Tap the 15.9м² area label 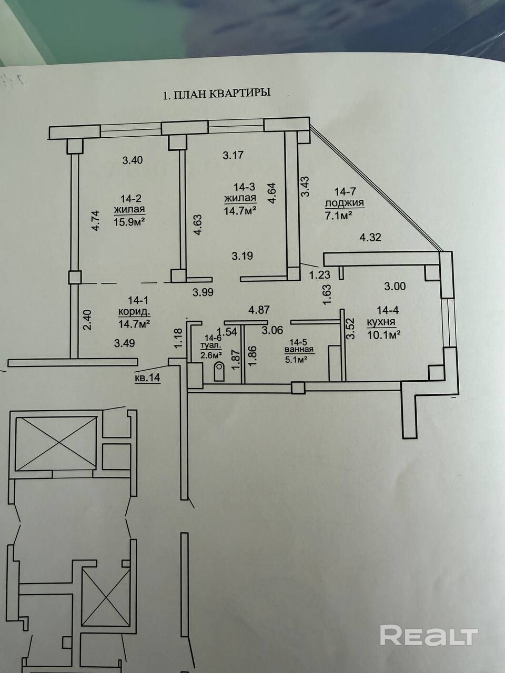point(129,221)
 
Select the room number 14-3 point(245,187)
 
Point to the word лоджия point(345,203)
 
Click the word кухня point(381,322)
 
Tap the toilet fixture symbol point(219,371)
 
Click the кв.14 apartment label point(147,378)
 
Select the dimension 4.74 point(96,220)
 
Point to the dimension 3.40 point(133,160)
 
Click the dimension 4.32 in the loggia point(370,237)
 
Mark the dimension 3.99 point(203,292)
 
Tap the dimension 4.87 point(259,310)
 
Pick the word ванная point(299,350)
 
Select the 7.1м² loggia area point(338,216)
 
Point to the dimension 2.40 point(88,320)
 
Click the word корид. point(135,312)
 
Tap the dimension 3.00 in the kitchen point(395,287)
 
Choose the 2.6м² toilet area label point(211,355)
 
